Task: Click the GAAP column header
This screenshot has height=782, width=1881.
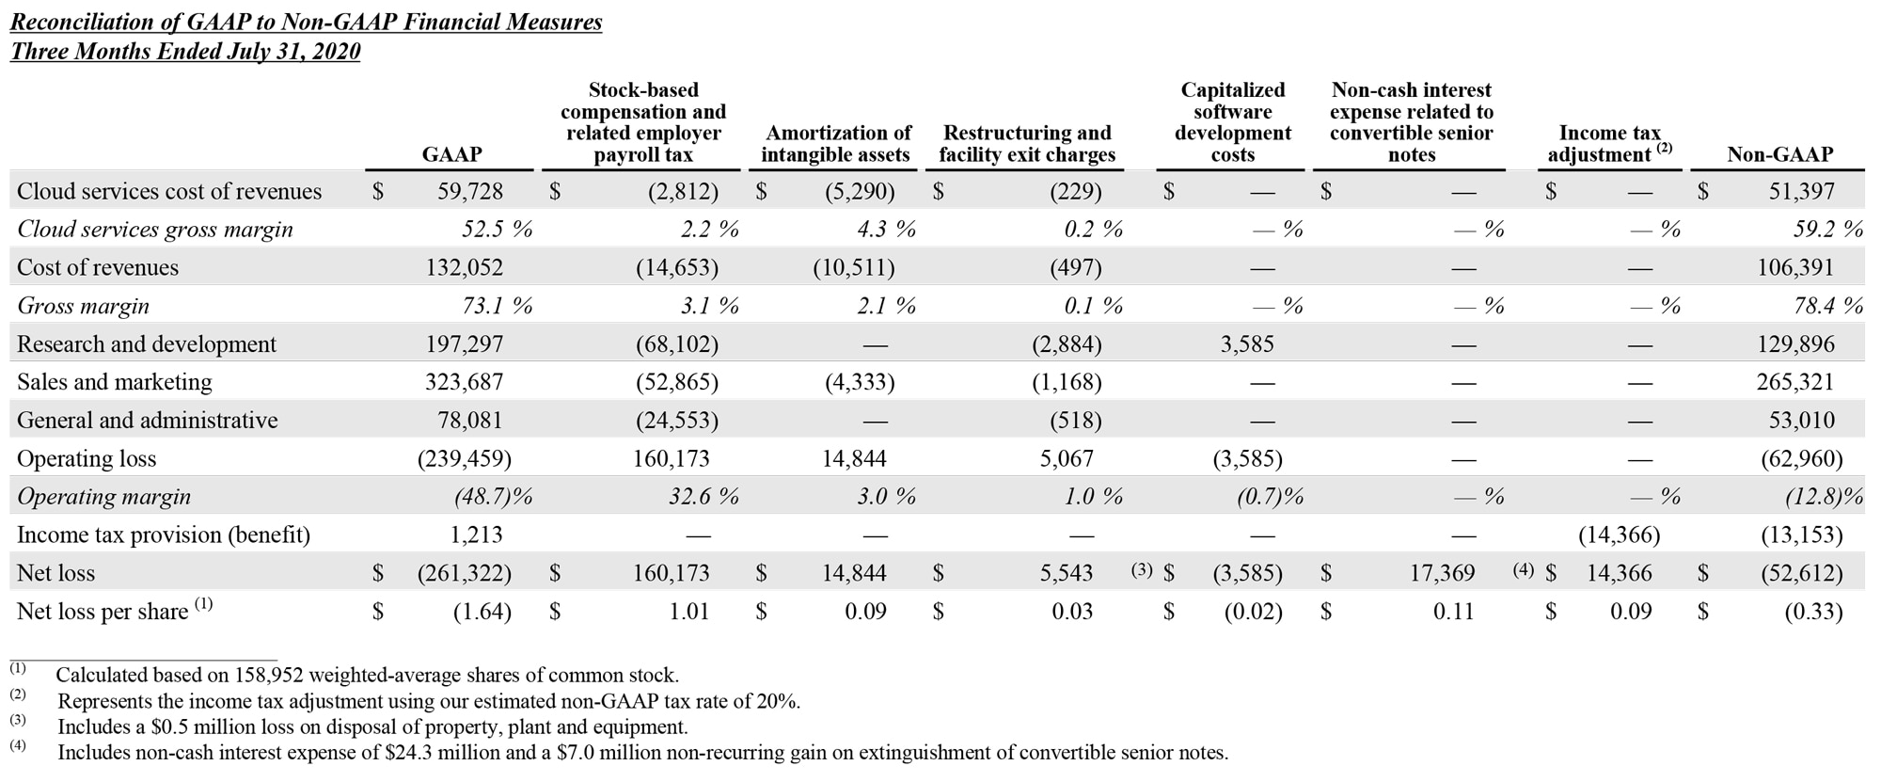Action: [x=451, y=154]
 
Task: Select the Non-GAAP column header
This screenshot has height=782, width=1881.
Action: [x=1779, y=154]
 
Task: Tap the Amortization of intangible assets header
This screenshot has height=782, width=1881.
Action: [x=836, y=144]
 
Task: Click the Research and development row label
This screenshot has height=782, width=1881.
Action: [x=147, y=344]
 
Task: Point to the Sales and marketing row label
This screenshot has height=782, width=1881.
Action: [x=115, y=382]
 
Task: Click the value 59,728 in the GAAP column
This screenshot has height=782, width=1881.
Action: [x=469, y=192]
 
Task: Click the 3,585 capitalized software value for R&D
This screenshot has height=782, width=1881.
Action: [x=1247, y=344]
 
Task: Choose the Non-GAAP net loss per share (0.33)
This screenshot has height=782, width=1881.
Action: [x=1813, y=612]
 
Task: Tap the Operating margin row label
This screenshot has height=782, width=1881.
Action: [x=103, y=497]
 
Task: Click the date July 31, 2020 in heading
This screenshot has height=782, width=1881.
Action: [x=293, y=52]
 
